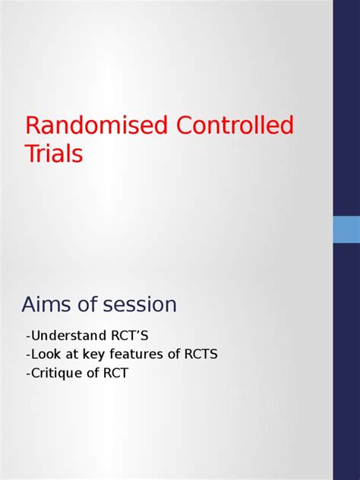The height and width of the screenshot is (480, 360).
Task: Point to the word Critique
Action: point(54,373)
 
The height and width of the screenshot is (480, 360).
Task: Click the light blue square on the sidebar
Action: point(346,229)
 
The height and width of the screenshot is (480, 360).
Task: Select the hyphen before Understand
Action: point(27,336)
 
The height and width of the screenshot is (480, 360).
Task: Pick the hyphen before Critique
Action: point(27,374)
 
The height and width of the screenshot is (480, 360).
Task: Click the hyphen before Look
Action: point(27,355)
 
